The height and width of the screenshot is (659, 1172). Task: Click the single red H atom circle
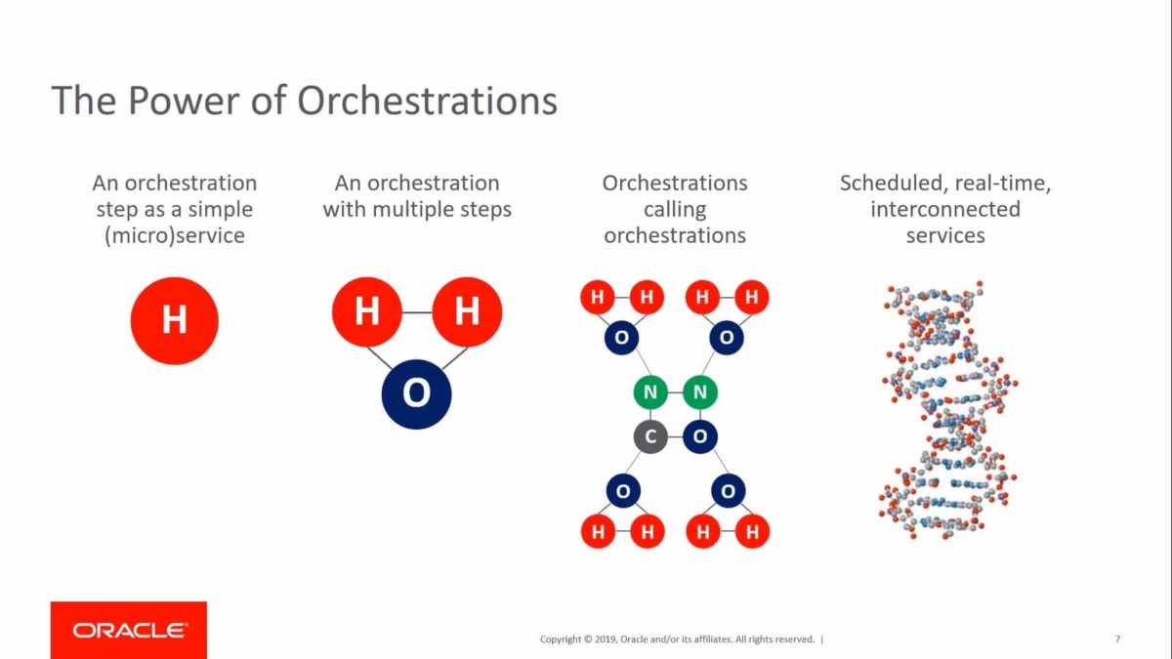(x=174, y=320)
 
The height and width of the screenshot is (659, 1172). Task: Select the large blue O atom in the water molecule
(x=416, y=392)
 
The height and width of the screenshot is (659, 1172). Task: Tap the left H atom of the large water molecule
(x=367, y=311)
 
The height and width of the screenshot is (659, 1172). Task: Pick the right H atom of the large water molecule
(x=467, y=311)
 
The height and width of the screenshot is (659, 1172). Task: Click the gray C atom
(x=650, y=436)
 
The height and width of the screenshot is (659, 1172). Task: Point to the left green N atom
(x=650, y=392)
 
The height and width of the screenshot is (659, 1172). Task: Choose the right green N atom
(x=699, y=392)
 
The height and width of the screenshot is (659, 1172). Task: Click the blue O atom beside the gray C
(x=699, y=436)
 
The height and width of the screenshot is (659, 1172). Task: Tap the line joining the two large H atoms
(x=417, y=312)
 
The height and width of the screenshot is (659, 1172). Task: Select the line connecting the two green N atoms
(x=675, y=392)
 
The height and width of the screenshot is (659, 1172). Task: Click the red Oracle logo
(x=129, y=630)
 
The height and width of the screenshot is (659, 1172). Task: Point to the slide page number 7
(x=1117, y=639)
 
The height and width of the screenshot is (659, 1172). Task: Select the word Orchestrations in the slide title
(x=427, y=102)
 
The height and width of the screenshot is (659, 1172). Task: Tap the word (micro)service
(x=174, y=235)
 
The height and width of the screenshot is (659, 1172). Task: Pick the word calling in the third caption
(x=674, y=209)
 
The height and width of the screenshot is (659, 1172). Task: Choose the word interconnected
(x=945, y=209)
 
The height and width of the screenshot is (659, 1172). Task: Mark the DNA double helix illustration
(x=945, y=410)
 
